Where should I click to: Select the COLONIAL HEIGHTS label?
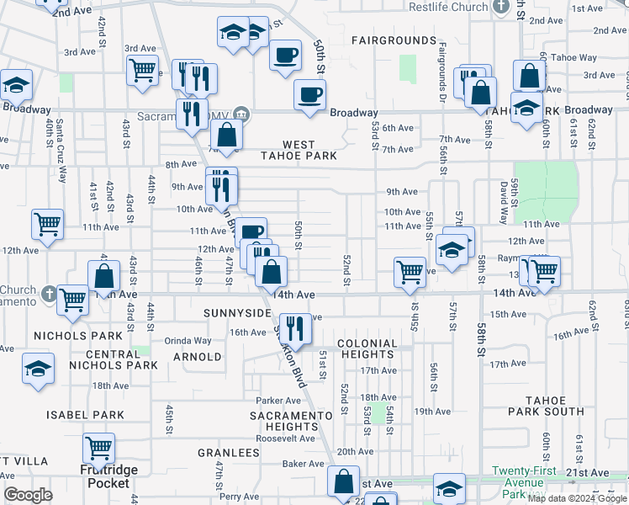(x=367, y=349)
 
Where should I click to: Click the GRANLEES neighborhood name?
(x=228, y=453)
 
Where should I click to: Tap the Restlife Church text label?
(x=447, y=7)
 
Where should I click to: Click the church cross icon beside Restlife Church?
(x=502, y=7)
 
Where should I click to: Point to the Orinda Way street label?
(x=188, y=341)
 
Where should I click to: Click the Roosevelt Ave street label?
(x=285, y=439)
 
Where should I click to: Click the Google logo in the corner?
(x=27, y=495)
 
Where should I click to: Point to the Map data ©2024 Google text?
(x=576, y=498)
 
